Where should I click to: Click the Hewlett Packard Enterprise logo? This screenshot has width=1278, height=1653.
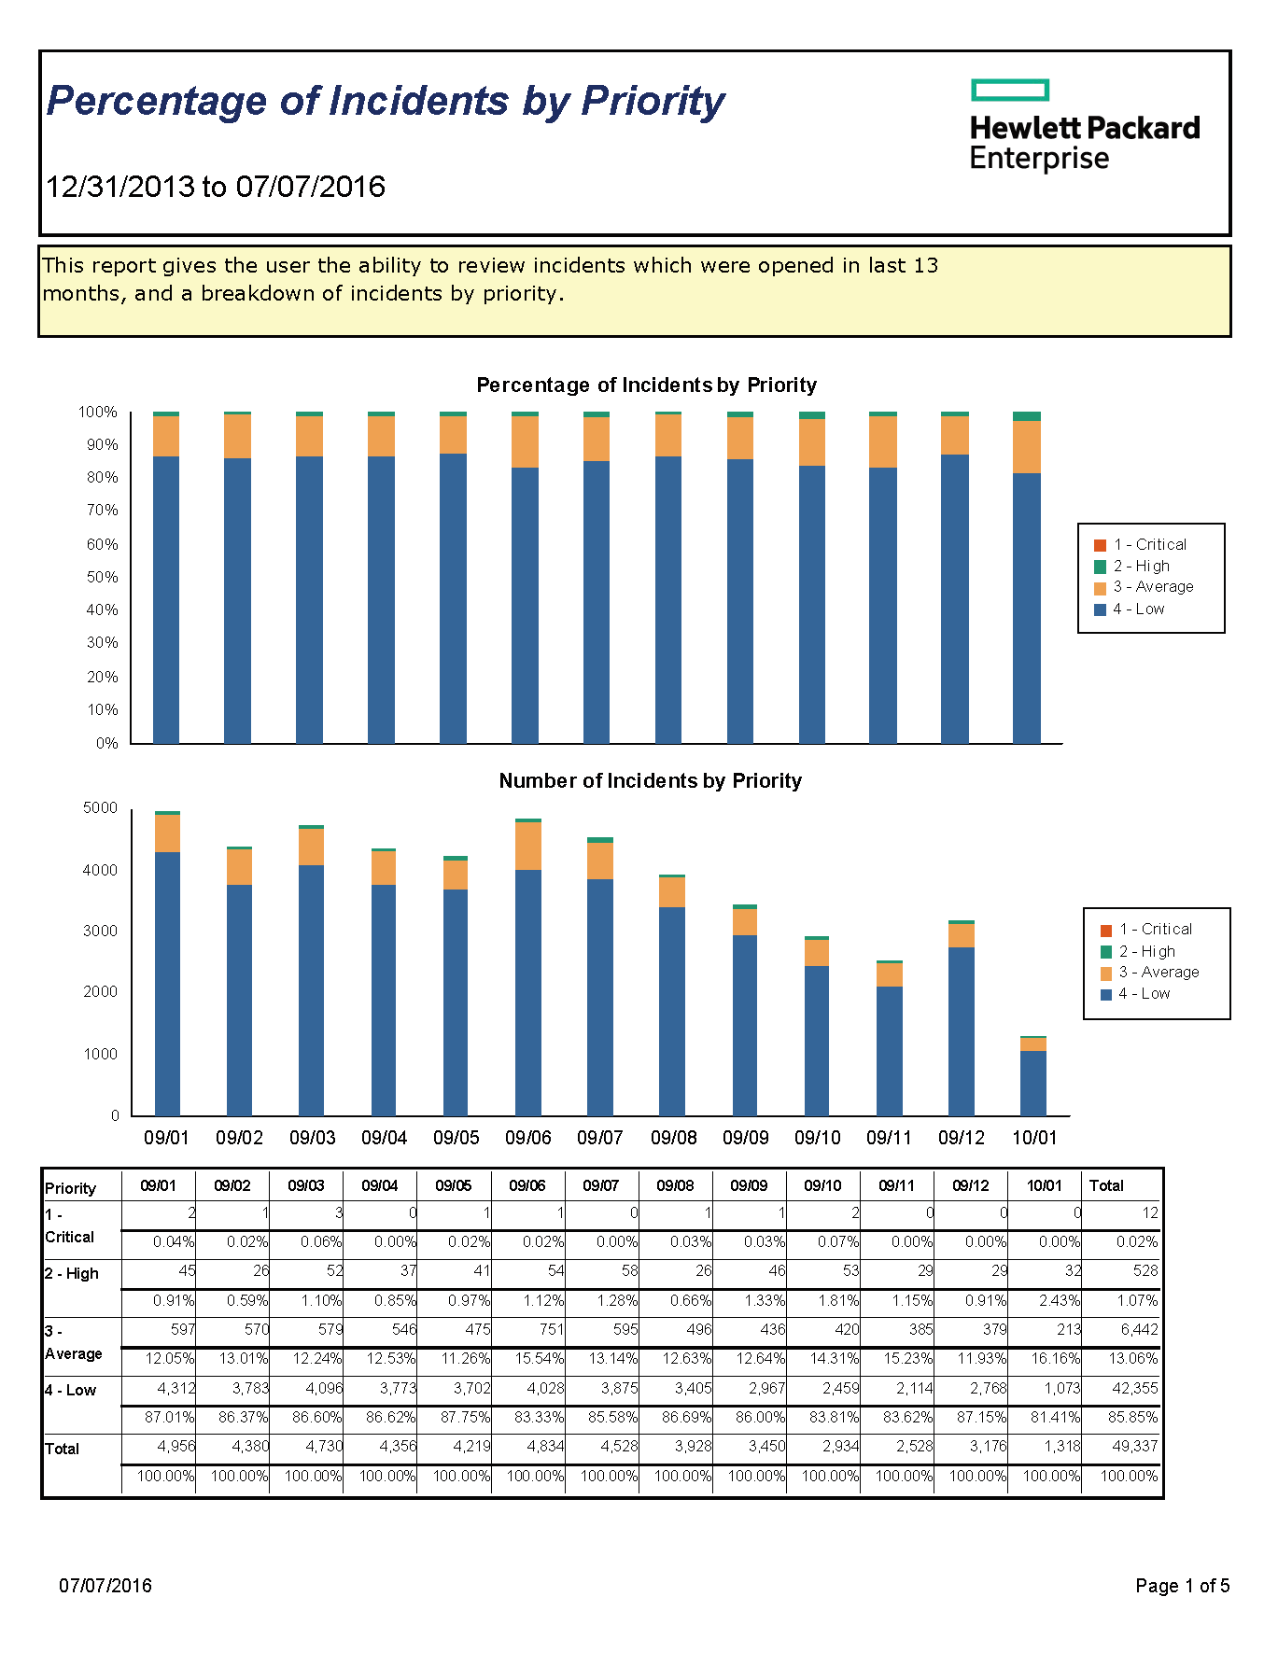click(1085, 126)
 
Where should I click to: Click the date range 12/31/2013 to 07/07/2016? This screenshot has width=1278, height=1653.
click(216, 187)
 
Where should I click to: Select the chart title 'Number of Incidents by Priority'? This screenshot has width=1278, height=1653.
click(650, 780)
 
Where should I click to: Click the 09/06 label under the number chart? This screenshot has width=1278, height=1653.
click(528, 1138)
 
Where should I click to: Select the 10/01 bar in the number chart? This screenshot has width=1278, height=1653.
click(1032, 1075)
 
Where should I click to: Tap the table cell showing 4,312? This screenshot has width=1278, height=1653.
click(176, 1388)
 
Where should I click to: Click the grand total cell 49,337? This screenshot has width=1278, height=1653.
click(1134, 1446)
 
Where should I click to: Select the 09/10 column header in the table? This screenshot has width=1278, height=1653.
click(822, 1185)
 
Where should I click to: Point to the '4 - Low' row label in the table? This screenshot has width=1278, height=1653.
click(71, 1390)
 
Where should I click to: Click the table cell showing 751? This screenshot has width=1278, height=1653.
click(551, 1329)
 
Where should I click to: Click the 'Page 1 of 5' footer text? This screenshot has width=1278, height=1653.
click(1183, 1586)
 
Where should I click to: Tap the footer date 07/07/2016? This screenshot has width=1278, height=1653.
click(105, 1586)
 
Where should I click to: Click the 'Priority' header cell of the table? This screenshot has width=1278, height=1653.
click(71, 1188)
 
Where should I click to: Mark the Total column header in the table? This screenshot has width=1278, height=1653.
click(1106, 1185)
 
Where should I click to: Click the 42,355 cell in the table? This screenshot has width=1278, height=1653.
click(1134, 1388)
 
